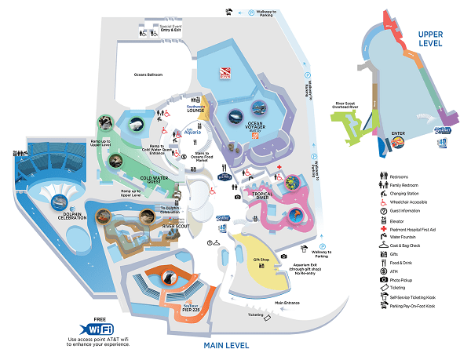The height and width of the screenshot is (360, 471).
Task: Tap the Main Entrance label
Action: point(287,301)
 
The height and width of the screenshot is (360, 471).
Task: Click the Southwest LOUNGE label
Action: point(195,108)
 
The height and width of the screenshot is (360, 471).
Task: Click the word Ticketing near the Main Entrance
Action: point(256,315)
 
